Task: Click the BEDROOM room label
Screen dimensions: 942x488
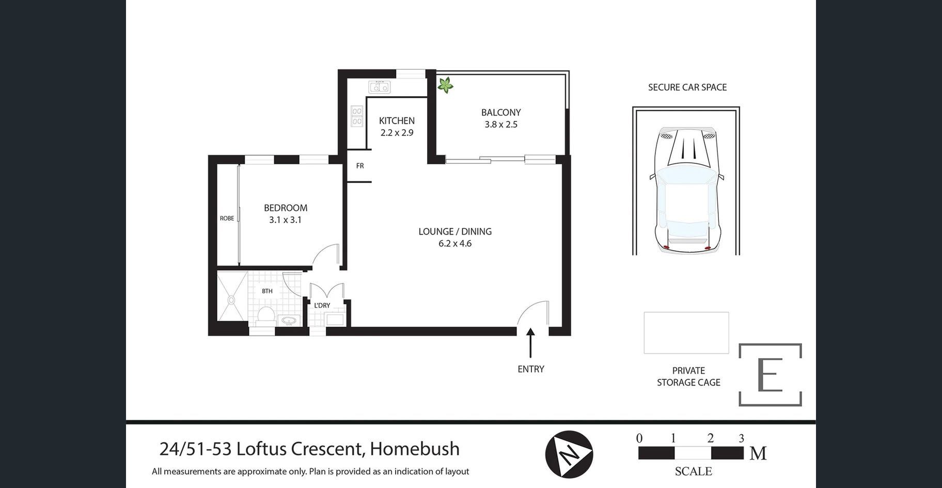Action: [x=286, y=208]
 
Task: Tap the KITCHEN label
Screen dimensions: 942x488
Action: [x=397, y=120]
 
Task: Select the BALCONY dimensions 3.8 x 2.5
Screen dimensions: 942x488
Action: [x=501, y=124]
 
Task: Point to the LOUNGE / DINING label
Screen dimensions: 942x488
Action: [x=455, y=232]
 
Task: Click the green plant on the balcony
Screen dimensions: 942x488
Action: [x=445, y=85]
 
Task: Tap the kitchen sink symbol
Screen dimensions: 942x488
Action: [x=379, y=87]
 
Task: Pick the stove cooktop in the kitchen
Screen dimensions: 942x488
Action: [x=357, y=116]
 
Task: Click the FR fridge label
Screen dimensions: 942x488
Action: [x=360, y=166]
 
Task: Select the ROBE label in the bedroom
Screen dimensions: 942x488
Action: [x=227, y=218]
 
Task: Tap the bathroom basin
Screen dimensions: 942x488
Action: [x=288, y=321]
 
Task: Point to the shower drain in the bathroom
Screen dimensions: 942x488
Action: [x=231, y=299]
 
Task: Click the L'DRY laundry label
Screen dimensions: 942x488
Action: [x=322, y=306]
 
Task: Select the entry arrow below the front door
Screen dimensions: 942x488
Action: [x=530, y=343]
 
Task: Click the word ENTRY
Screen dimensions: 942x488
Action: [x=531, y=369]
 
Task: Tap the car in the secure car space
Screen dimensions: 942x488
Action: [x=686, y=189]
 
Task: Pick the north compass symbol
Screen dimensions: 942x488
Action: [x=569, y=454]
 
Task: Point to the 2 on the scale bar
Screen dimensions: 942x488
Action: [x=711, y=438]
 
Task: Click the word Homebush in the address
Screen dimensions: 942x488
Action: [x=415, y=449]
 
